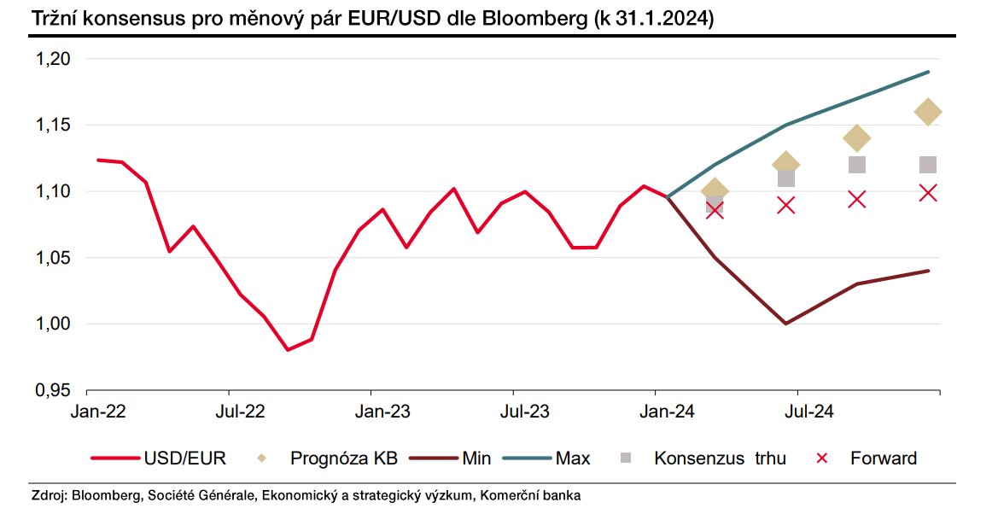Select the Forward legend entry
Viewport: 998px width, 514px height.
point(883,459)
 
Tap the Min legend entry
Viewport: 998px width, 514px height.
point(476,459)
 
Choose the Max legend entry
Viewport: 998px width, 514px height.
point(572,459)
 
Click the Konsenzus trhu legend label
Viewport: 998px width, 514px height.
point(720,459)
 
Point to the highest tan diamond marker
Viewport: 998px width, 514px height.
point(927,111)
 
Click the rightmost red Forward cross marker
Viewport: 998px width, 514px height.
point(928,193)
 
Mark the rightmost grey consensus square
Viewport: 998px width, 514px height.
point(927,165)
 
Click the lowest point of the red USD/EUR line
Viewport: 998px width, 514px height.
point(288,350)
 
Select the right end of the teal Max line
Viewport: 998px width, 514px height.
point(929,72)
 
